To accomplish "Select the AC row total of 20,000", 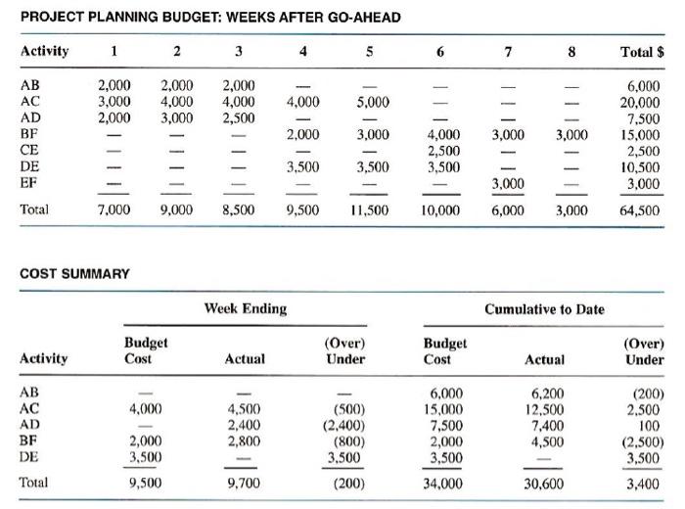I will [x=642, y=100].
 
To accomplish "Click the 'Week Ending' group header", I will [x=246, y=308].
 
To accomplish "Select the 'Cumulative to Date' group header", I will [x=544, y=308].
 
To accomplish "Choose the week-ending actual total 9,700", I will [x=245, y=483].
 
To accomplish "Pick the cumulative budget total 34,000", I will [x=443, y=483].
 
